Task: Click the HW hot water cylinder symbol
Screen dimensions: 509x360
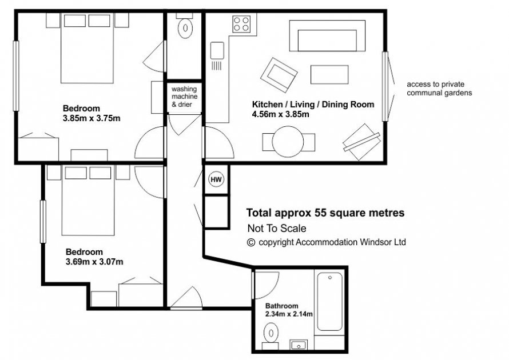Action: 216,179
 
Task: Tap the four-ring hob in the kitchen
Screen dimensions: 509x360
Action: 241,24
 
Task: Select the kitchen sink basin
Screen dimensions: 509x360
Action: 217,50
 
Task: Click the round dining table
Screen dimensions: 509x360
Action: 288,141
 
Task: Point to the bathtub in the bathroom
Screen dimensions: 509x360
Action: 329,301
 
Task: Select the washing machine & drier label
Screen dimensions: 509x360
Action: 184,97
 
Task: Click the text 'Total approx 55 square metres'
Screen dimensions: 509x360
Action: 325,213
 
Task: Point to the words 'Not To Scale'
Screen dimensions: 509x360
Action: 277,229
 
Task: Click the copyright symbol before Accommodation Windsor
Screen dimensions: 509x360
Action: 251,242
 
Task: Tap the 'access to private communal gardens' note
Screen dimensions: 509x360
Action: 439,89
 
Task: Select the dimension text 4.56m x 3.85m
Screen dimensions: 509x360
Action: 280,114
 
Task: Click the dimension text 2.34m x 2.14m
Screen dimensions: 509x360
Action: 289,314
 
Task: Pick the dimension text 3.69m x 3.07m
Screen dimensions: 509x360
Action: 94,262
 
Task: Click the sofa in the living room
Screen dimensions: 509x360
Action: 327,35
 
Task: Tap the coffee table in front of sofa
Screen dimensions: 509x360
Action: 329,75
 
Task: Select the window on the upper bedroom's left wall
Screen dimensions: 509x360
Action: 15,76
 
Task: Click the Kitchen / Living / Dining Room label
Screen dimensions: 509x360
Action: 313,105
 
